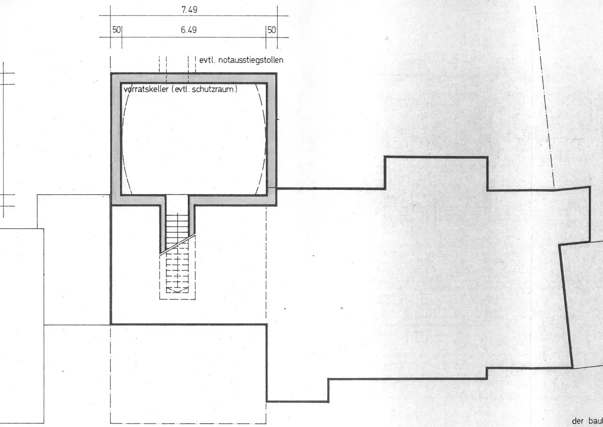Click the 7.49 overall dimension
[x=189, y=10]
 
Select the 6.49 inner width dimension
[x=189, y=30]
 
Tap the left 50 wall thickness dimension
[x=116, y=30]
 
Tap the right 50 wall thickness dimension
[x=272, y=30]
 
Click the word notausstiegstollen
[x=251, y=60]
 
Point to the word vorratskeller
[x=146, y=89]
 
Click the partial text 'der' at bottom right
[x=578, y=421]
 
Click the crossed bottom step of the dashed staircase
[x=177, y=290]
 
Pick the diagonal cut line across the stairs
[x=178, y=245]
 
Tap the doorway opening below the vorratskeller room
[x=177, y=201]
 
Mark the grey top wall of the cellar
[x=194, y=78]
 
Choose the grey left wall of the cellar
[x=116, y=139]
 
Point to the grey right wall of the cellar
[x=272, y=139]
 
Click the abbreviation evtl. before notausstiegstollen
[x=207, y=60]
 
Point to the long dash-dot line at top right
[x=545, y=97]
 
